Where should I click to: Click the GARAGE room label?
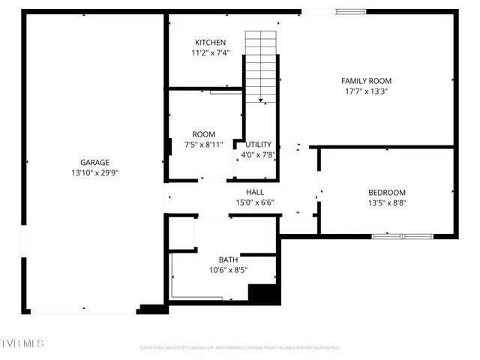pos(95,162)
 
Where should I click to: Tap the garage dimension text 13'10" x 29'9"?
pos(95,172)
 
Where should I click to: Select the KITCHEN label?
pos(210,42)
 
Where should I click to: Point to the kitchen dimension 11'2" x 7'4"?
pos(210,53)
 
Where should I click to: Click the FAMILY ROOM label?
pos(366,81)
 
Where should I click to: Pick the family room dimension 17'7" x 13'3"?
pos(366,91)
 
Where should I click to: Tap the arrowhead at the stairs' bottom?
pos(261,100)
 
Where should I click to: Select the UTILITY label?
pos(259,144)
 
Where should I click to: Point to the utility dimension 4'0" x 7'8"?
pos(259,155)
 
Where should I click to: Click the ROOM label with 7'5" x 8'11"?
pos(203,134)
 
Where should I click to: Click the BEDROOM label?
pos(387,192)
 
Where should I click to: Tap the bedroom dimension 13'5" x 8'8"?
pos(387,202)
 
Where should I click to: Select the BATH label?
pos(228,259)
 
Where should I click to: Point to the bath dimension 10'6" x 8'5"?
pos(228,270)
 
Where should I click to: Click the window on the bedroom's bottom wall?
pos(403,236)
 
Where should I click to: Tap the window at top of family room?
pos(350,11)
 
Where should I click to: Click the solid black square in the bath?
pos(262,294)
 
